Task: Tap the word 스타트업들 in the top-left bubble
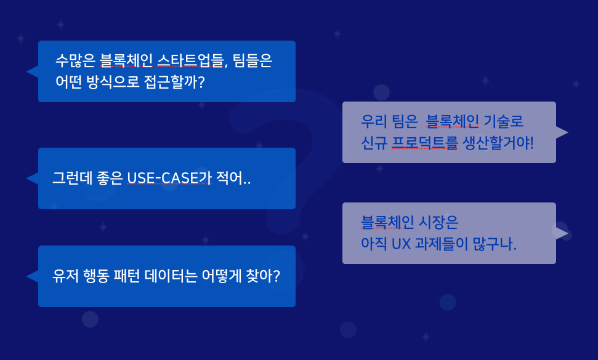pos(191,61)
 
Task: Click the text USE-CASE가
pos(169,178)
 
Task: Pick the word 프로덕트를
pos(426,143)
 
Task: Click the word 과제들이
pos(442,244)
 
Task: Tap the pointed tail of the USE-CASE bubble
pos(31,178)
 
